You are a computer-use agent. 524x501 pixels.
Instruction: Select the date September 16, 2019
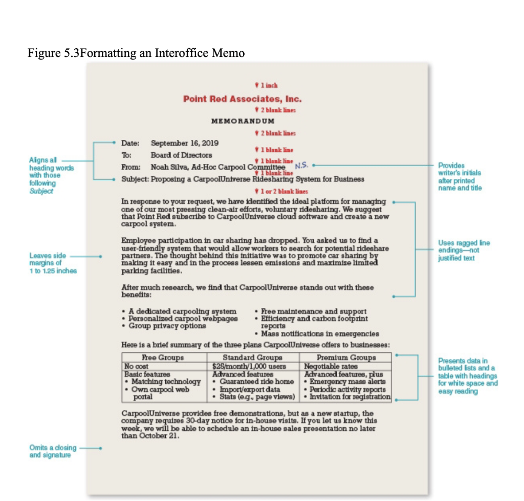coord(178,143)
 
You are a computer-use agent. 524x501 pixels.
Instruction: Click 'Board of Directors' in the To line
coord(181,155)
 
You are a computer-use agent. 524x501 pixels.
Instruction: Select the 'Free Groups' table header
coord(162,357)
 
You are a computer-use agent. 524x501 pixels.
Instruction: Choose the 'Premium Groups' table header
coord(346,357)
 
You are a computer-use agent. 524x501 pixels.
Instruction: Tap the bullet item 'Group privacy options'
coord(167,325)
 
